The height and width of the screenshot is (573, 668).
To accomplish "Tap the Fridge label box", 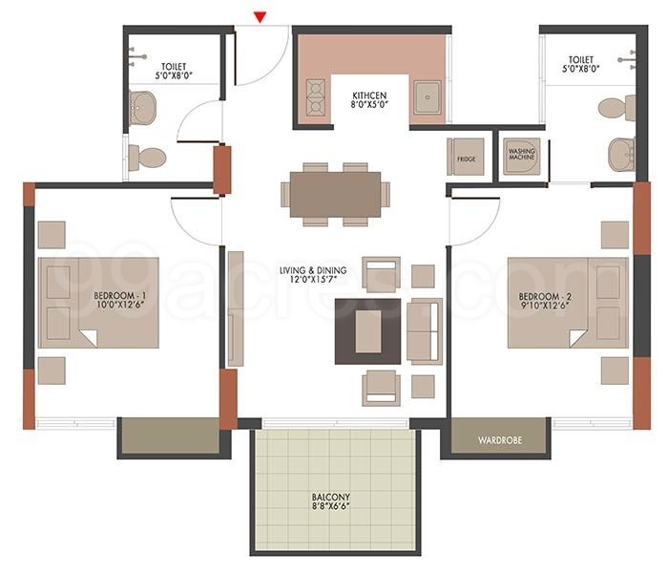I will pyautogui.click(x=466, y=158).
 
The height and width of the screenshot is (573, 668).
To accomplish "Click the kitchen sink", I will pyautogui.click(x=428, y=98).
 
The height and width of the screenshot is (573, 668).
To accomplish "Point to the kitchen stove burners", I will pyautogui.click(x=314, y=97).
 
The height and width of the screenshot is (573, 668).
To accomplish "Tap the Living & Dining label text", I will pyautogui.click(x=313, y=276).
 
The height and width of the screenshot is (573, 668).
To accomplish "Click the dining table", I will pyautogui.click(x=335, y=194).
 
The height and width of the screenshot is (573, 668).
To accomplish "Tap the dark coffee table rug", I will pyautogui.click(x=367, y=331).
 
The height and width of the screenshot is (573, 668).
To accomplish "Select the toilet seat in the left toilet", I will pyautogui.click(x=149, y=157).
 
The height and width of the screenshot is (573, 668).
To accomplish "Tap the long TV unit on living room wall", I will pyautogui.click(x=235, y=308).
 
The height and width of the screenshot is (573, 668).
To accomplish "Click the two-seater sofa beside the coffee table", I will pyautogui.click(x=424, y=331).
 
